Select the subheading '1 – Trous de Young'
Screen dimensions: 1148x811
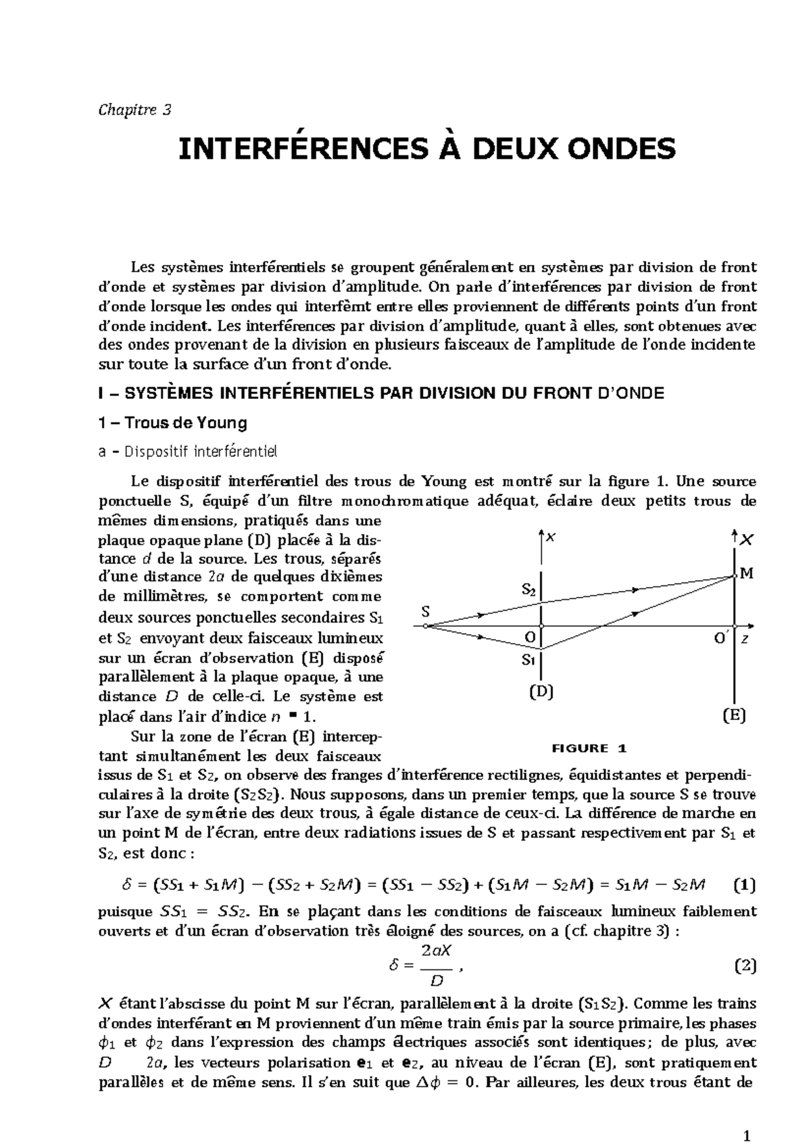coord(172,423)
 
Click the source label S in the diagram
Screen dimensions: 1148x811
coord(425,612)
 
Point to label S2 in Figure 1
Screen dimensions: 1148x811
coord(530,590)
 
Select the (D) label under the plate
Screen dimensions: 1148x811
coord(541,692)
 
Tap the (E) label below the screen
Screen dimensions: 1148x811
coord(734,715)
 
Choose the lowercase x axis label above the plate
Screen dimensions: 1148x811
coord(551,537)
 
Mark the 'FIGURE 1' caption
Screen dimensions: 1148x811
coord(590,748)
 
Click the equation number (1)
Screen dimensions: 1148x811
coord(745,884)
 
